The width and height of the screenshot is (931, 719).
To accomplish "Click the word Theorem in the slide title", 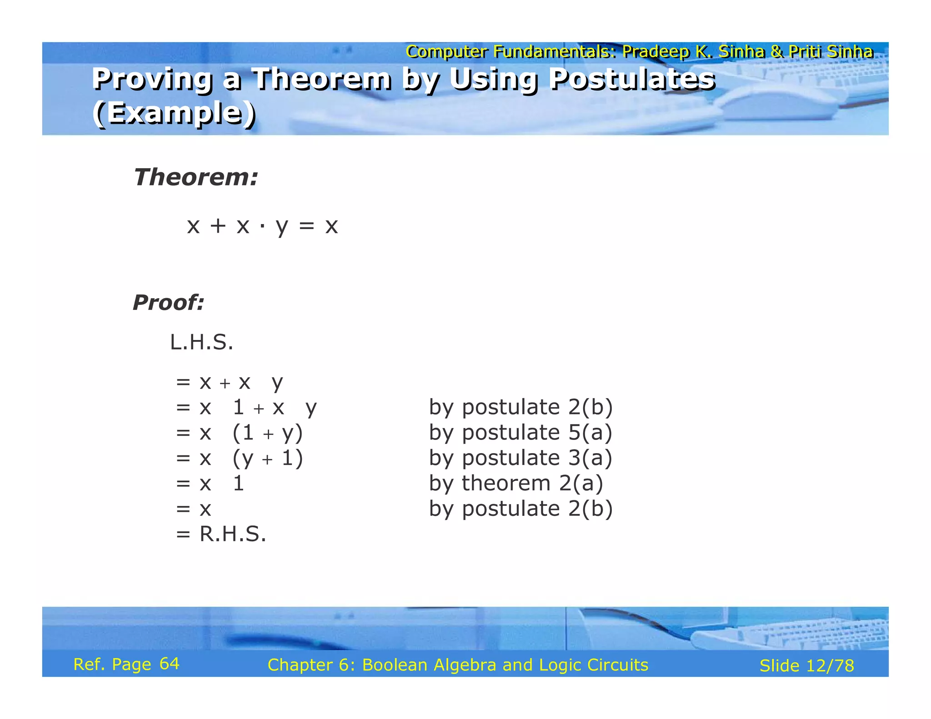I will [x=321, y=79].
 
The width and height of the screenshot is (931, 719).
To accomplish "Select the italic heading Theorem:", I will [x=195, y=177].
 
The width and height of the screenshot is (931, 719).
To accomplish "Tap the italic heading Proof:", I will [x=168, y=303].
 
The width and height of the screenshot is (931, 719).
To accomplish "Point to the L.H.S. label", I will [x=201, y=342].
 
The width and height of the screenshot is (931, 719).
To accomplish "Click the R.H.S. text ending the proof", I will [x=232, y=534].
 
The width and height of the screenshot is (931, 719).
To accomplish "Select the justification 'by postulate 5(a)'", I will [x=521, y=432].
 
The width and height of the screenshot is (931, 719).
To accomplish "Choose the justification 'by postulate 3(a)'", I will [x=521, y=458].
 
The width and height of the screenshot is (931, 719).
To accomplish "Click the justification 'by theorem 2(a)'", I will [x=516, y=483].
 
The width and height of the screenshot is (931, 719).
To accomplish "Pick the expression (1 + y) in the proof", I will [x=267, y=433].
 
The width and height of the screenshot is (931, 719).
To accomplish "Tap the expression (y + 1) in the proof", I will [x=267, y=458].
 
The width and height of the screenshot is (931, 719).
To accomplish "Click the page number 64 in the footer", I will [x=170, y=664].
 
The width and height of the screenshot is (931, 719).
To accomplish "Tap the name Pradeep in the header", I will [x=655, y=52].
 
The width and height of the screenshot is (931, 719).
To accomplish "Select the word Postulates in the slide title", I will [x=632, y=79].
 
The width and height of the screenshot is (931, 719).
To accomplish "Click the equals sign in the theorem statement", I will [x=306, y=226].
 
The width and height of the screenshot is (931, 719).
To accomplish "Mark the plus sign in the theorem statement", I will [x=218, y=226].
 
